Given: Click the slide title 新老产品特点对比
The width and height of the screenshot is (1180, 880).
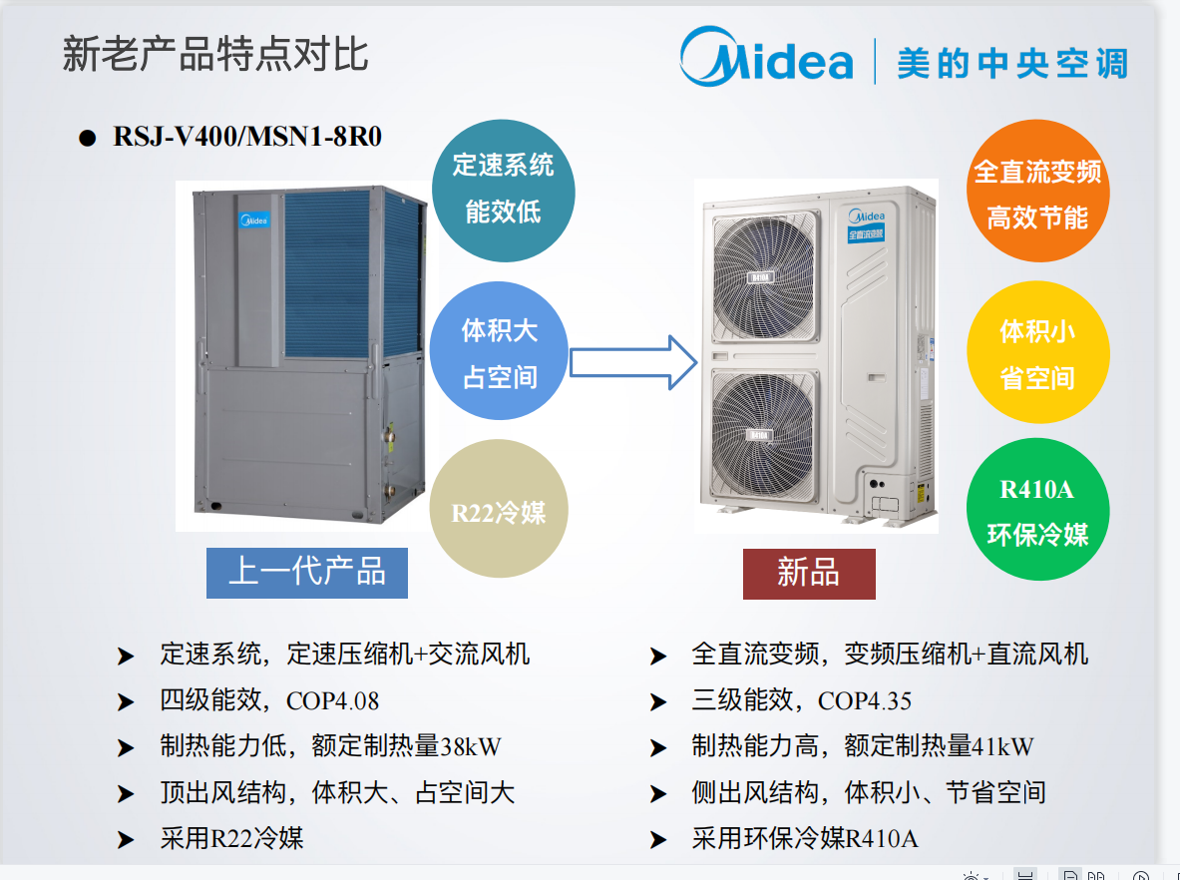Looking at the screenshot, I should [x=215, y=54].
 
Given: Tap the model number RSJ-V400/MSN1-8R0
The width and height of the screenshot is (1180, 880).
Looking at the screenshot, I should [x=247, y=137].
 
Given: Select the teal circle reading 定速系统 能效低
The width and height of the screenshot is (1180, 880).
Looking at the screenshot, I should [x=503, y=189].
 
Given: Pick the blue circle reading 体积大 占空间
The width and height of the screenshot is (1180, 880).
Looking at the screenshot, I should [x=500, y=353].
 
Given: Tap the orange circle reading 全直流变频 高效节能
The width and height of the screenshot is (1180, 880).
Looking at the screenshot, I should [x=1037, y=194].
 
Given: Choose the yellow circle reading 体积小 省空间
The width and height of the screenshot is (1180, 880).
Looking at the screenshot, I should [x=1037, y=353].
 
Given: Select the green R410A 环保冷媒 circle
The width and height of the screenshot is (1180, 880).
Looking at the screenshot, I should [x=1037, y=512].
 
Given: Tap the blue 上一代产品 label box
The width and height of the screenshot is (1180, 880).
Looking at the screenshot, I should [x=307, y=573].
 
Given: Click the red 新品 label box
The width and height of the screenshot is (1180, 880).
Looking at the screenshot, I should [x=809, y=574].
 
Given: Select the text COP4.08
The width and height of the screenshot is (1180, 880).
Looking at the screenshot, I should [x=333, y=700].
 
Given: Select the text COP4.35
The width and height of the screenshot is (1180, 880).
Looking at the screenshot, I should [x=865, y=700].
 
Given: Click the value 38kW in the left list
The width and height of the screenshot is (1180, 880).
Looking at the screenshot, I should [x=471, y=746].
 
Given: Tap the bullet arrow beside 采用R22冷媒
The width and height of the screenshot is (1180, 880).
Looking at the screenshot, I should [x=126, y=840].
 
